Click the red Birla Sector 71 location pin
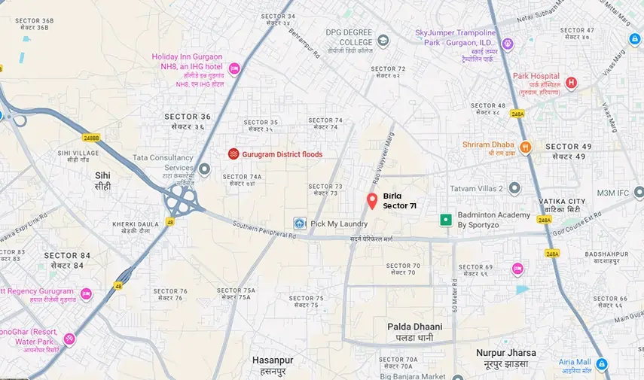(371, 201)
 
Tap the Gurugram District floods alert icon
(233, 154)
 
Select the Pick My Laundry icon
(300, 223)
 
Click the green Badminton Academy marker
(446, 220)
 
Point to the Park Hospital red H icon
(571, 83)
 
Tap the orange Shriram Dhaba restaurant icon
(526, 147)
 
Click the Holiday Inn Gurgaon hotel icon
(234, 69)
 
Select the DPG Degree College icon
(383, 41)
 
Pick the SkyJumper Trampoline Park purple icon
(508, 44)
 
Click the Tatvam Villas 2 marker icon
(514, 188)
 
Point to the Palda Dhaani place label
(414, 327)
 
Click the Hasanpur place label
(273, 360)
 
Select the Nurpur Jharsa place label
(505, 352)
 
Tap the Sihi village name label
(102, 175)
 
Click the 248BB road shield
(91, 138)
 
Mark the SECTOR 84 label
(68, 255)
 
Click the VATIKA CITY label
(562, 202)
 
